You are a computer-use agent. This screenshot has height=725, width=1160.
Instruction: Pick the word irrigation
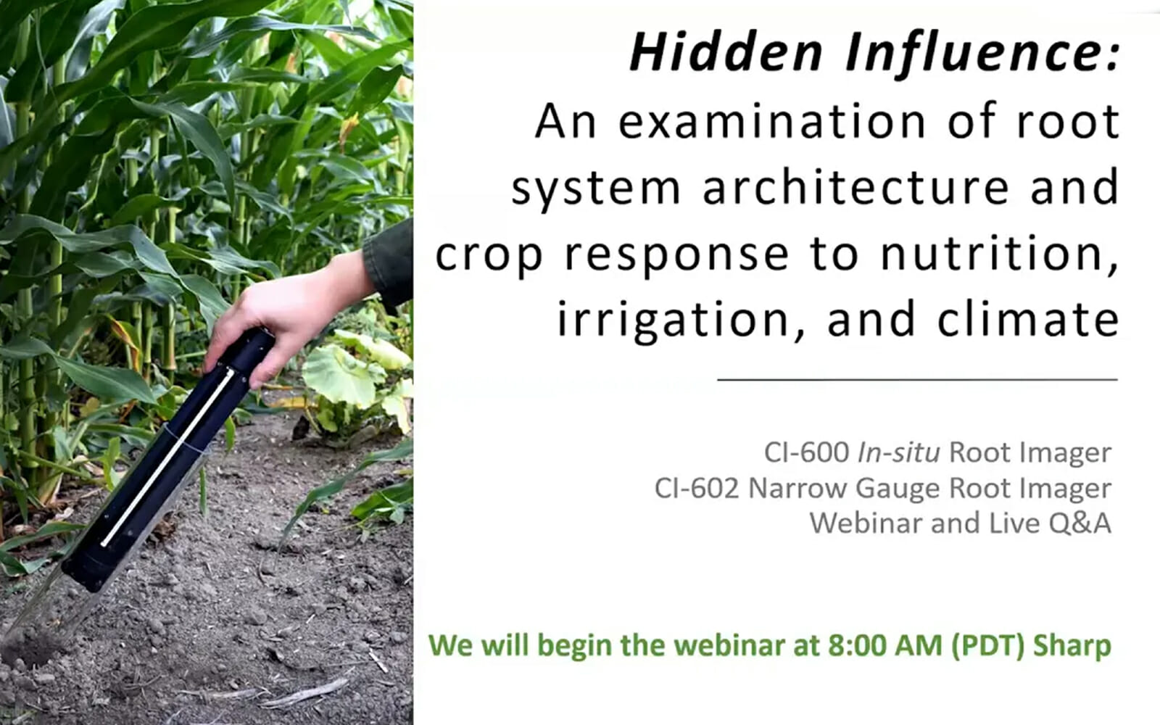click(674, 320)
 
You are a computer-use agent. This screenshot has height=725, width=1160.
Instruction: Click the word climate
click(1029, 319)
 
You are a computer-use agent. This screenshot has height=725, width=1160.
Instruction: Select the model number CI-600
click(806, 452)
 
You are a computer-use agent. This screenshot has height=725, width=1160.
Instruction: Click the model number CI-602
click(697, 489)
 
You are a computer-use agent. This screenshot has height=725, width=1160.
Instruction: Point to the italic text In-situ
click(898, 452)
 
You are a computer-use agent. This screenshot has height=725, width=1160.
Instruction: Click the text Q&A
click(1080, 523)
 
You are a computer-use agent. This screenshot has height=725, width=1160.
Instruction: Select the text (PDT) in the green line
click(987, 646)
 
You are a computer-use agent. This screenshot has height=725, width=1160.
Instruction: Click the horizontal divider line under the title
click(917, 380)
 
